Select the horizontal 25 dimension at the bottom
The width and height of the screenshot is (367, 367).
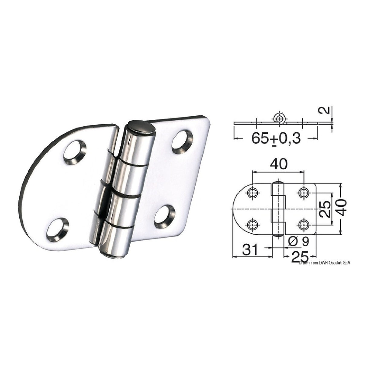[x=299, y=257]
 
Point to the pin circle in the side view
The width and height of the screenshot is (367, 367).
[x=280, y=118]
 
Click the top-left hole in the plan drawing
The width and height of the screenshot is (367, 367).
[x=252, y=193]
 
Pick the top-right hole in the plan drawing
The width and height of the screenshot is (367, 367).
[x=303, y=193]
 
